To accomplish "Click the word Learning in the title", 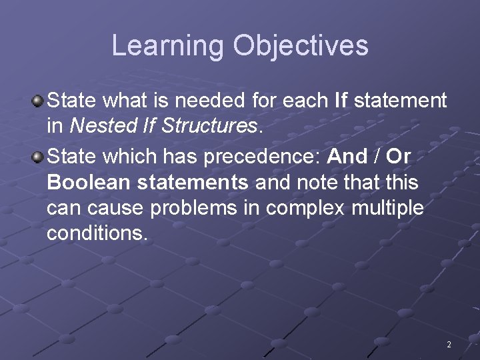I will tap(167, 46).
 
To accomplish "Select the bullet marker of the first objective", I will tap(39, 101).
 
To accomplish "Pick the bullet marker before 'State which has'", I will tap(39, 157).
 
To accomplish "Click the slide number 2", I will tap(449, 345).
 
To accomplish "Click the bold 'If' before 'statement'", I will tap(340, 101).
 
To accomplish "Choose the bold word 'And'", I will tap(347, 157).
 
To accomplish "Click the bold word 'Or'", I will tap(398, 157).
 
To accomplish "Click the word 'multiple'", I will tap(389, 209).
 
